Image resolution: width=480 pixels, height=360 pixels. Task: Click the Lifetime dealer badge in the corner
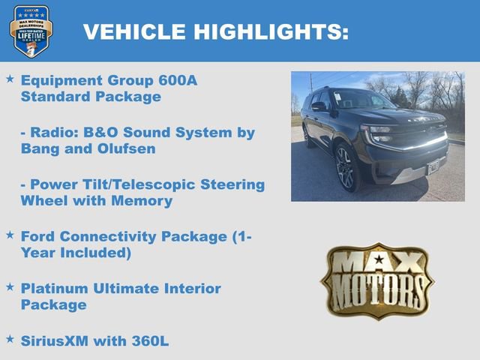tap(31, 31)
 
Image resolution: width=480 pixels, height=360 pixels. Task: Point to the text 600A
tap(178, 80)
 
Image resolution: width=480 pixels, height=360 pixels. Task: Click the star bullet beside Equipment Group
tap(10, 79)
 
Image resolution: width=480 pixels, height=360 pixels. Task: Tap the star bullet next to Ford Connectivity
tap(10, 235)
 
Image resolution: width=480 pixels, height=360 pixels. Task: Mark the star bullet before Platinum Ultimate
tap(10, 287)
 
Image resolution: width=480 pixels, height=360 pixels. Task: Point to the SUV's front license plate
tap(434, 166)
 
